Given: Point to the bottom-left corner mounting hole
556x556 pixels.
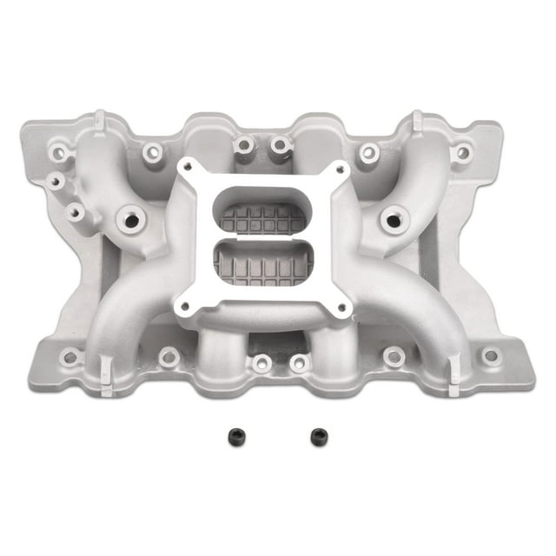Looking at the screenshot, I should [70, 357].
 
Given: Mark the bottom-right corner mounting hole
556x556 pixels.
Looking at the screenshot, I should [491, 355].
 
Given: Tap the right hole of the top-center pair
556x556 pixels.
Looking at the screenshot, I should [281, 144].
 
